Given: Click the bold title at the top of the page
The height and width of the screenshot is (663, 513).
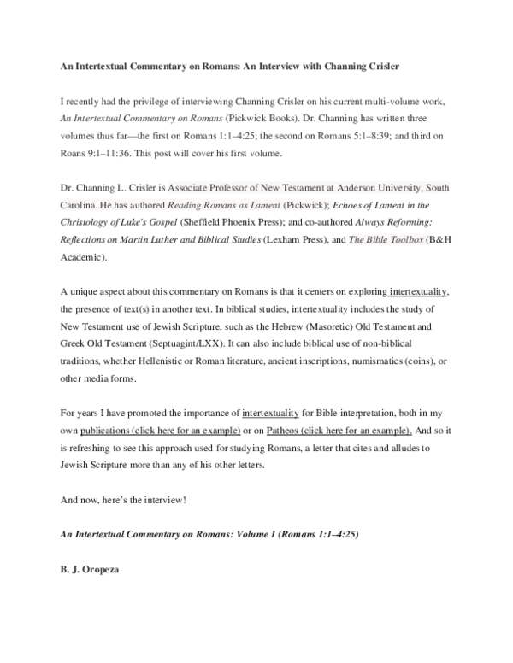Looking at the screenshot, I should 229,67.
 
